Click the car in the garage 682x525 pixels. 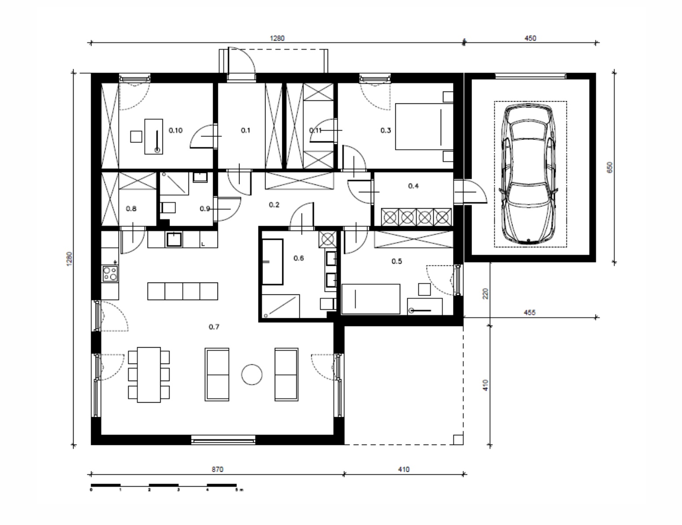pos(528,174)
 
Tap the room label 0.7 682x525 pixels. pos(214,327)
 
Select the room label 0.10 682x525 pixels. pos(175,130)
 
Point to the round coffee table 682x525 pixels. pos(252,374)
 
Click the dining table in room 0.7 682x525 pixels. pos(149,374)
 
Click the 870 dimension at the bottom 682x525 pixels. pos(217,470)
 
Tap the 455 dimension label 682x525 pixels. pos(530,312)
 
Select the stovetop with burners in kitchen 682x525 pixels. pos(110,273)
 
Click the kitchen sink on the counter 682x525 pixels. pos(174,239)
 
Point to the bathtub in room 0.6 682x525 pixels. pos(273,262)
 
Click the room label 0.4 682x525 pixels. pos(413,186)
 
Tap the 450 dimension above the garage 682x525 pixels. pos(530,38)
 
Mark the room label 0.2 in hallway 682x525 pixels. pos(274,205)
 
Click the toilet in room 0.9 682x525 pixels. pos(168,208)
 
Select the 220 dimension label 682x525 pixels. pos(486,294)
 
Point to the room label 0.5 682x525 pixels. pos(397,261)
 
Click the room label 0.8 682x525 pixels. pos(131,209)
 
